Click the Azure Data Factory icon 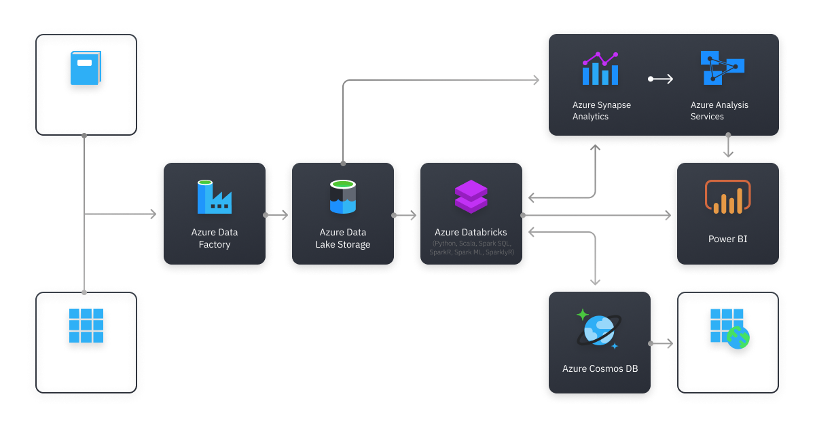(x=215, y=197)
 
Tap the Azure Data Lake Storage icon (x=343, y=197)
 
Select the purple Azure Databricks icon (x=471, y=197)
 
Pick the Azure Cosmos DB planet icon (x=598, y=330)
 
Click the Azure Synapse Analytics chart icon (x=600, y=69)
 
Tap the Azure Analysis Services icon (x=721, y=67)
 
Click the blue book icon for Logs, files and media (x=86, y=68)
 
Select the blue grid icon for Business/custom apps (x=86, y=326)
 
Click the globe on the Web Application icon (x=737, y=337)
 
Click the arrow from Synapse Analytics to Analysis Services (x=661, y=79)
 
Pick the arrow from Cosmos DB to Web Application (x=662, y=344)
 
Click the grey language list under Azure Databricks (x=471, y=248)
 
